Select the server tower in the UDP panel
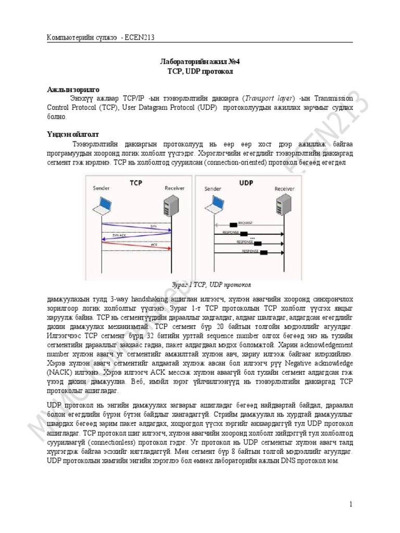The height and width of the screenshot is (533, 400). pos(282,204)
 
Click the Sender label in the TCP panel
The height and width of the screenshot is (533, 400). pos(102,188)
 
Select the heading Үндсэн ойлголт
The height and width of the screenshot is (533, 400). pos(74,134)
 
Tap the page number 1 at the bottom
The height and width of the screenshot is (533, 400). pos(351,504)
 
